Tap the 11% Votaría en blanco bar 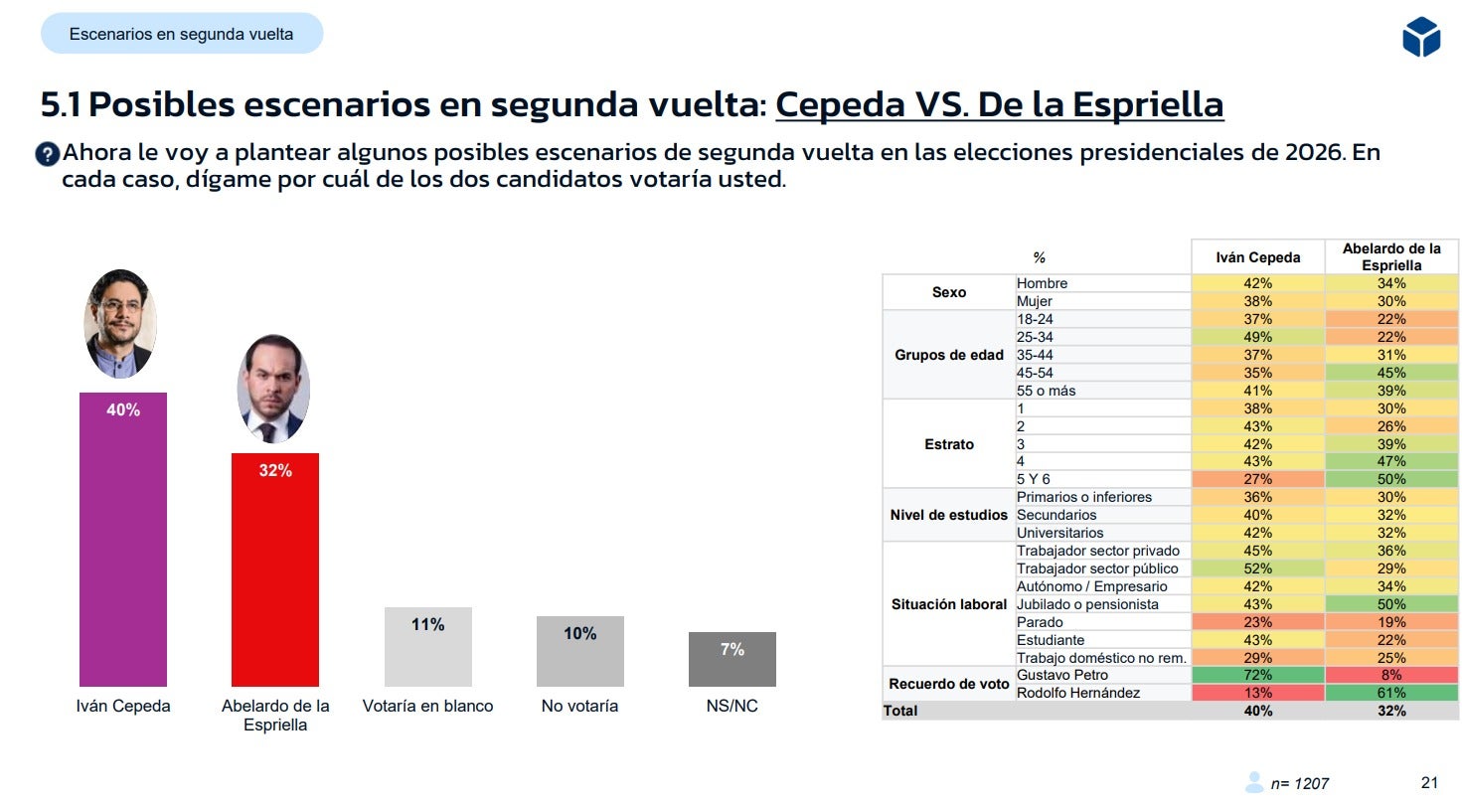pos(427,647)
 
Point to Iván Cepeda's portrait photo pos(120,324)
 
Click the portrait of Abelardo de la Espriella pos(273,389)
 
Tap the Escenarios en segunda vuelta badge pos(182,34)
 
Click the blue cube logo pos(1420,37)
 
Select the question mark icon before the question pos(48,154)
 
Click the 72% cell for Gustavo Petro pos(1257,675)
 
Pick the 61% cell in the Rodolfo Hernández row pos(1390,693)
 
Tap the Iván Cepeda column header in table pos(1257,257)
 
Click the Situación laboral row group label pos(948,604)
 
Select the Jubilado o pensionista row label pos(1087,604)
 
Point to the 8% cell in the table pos(1390,675)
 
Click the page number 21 pos(1429,783)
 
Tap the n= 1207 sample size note pos(1298,784)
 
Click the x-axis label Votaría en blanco pos(427,706)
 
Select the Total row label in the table pos(900,711)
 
